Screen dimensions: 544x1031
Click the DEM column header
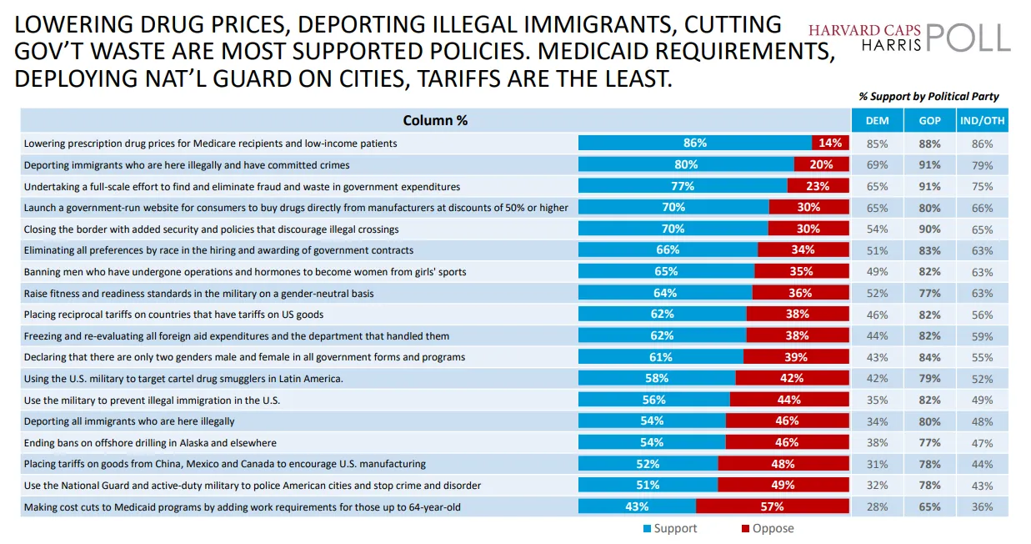877,120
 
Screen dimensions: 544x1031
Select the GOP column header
929,120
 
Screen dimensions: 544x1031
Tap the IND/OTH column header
983,120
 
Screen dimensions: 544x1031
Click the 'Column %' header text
435,120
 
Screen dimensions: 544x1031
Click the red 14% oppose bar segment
830,143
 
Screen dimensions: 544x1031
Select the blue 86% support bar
694,143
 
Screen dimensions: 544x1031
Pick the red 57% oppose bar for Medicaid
772,506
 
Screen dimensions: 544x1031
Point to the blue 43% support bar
637,506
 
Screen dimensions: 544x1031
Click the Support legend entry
669,528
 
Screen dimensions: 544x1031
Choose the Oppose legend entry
767,528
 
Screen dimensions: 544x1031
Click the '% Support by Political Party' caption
928,97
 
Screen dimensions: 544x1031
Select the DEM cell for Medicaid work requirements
877,506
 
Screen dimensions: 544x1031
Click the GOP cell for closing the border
929,229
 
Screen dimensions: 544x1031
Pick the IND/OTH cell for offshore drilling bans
983,442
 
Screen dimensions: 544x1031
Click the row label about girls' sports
245,271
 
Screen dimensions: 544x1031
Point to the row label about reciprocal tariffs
173,315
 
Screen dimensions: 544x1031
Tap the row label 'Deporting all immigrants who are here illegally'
129,421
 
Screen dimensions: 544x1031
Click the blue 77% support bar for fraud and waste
683,186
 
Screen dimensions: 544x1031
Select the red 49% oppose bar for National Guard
783,485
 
